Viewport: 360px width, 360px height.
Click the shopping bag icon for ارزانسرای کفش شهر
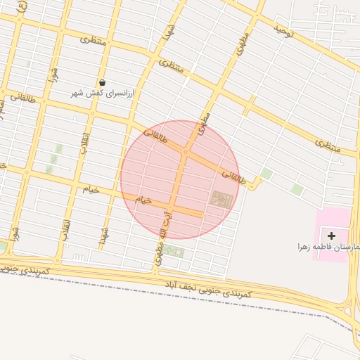[x=103, y=83]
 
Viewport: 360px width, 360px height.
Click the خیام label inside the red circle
[x=143, y=200]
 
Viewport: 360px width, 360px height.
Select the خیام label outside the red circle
[x=91, y=188]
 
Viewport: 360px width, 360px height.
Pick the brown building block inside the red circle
[x=221, y=200]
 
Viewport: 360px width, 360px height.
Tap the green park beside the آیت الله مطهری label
[x=174, y=251]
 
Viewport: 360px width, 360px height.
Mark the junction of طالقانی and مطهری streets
[x=186, y=151]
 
